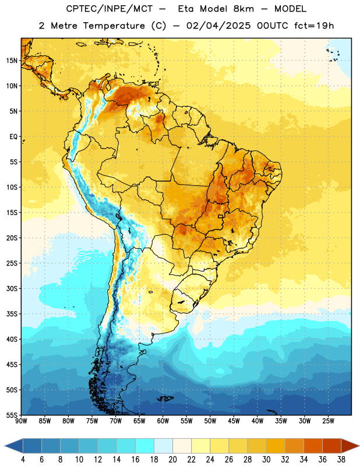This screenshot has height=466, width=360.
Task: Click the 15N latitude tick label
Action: click(x=12, y=61)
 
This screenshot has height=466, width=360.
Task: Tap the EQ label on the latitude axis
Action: click(x=13, y=137)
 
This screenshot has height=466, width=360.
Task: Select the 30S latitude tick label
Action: click(x=12, y=288)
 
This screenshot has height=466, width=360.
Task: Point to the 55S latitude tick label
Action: click(x=12, y=415)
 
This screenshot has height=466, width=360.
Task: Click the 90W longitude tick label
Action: click(x=21, y=421)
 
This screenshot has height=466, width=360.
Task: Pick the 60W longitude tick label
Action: click(x=163, y=421)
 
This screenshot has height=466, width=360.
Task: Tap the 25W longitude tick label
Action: click(x=328, y=421)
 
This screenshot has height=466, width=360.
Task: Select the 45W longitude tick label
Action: click(x=234, y=421)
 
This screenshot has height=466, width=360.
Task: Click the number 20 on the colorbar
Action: click(x=172, y=460)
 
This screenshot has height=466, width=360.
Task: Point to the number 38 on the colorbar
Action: click(x=341, y=460)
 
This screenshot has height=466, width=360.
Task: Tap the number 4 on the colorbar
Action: click(x=23, y=460)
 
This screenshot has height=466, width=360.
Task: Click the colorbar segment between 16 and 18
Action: click(x=145, y=446)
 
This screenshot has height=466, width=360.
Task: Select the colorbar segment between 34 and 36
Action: click(x=313, y=446)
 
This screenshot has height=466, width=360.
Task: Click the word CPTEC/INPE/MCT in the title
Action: click(x=110, y=9)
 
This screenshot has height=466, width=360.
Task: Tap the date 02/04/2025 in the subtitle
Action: click(x=218, y=26)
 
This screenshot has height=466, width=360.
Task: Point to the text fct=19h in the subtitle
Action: click(x=314, y=26)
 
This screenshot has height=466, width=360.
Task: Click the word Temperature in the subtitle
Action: click(x=114, y=26)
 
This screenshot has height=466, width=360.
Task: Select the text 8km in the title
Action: click(x=243, y=9)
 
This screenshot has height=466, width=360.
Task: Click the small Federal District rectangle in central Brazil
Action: click(x=221, y=216)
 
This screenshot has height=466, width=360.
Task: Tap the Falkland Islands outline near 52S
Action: click(x=165, y=398)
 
